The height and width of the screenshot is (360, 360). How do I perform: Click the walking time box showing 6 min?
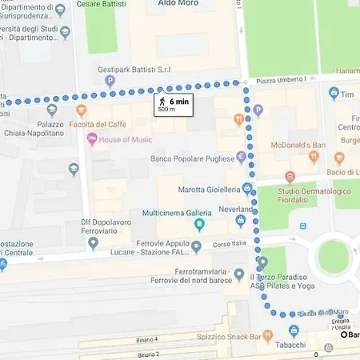coord(172,104)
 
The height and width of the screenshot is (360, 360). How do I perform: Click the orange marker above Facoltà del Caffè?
coord(81,111)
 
